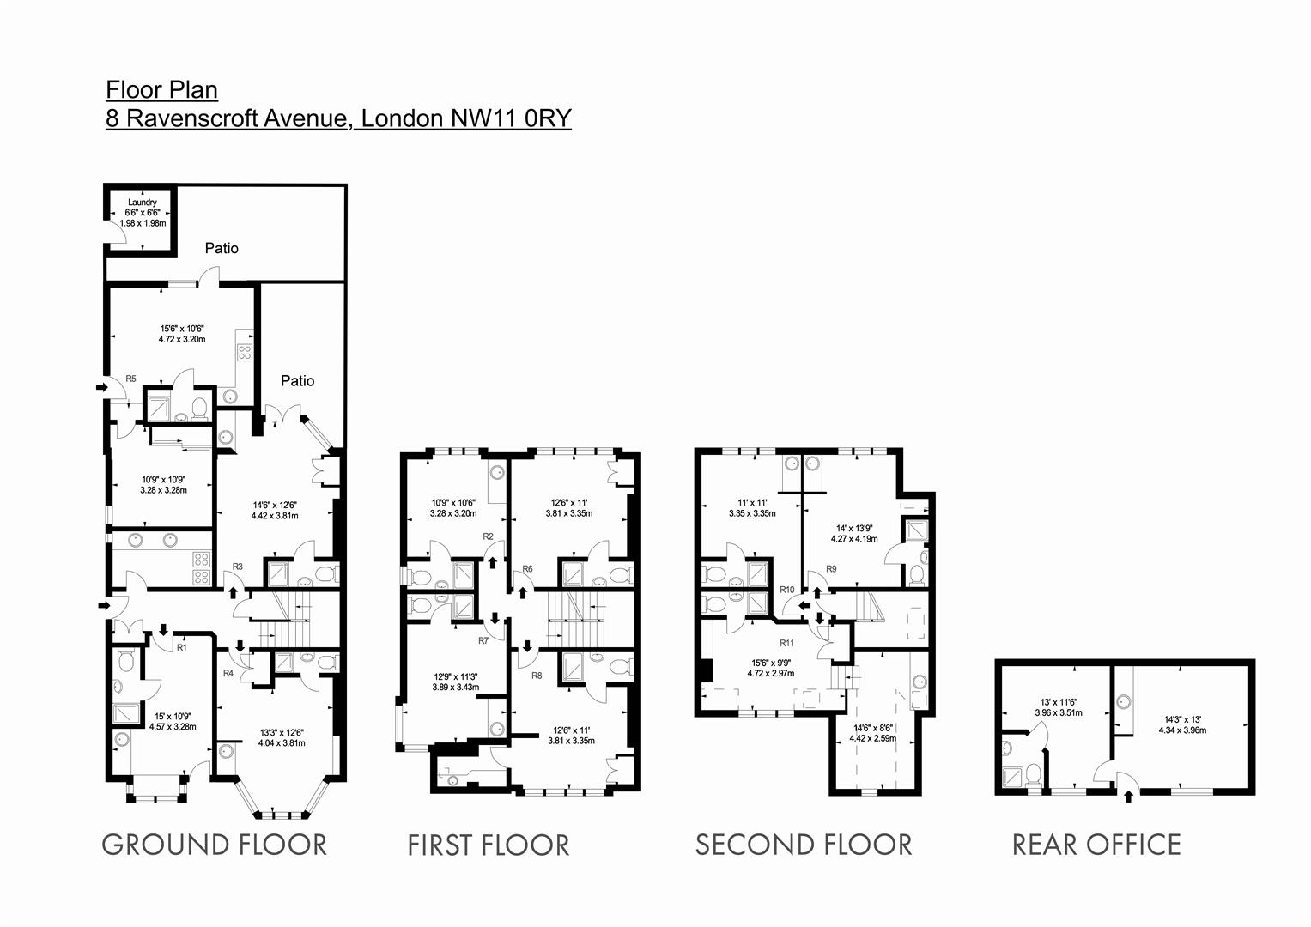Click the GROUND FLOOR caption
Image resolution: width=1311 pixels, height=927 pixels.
tap(214, 845)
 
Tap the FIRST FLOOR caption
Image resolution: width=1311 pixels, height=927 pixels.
tap(488, 845)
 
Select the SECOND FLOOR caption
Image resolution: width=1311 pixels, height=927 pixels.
tap(803, 845)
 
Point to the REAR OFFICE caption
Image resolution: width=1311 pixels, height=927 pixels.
tap(1096, 845)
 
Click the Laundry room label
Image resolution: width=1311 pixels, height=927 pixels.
tap(142, 203)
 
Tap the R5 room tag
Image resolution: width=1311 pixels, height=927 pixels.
tap(131, 379)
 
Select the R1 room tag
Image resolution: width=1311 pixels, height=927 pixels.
tap(181, 648)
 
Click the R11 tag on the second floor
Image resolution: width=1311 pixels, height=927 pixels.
tap(786, 642)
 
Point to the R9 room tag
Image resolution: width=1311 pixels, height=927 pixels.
tap(831, 569)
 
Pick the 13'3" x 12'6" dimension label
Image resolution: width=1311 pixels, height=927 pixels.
tap(282, 737)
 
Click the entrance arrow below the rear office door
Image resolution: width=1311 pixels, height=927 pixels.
tap(1128, 797)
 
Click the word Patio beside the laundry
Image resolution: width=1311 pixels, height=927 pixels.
tap(222, 248)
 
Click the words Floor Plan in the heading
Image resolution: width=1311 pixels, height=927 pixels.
tap(161, 89)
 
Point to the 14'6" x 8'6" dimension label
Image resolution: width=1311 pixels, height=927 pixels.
tap(872, 732)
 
